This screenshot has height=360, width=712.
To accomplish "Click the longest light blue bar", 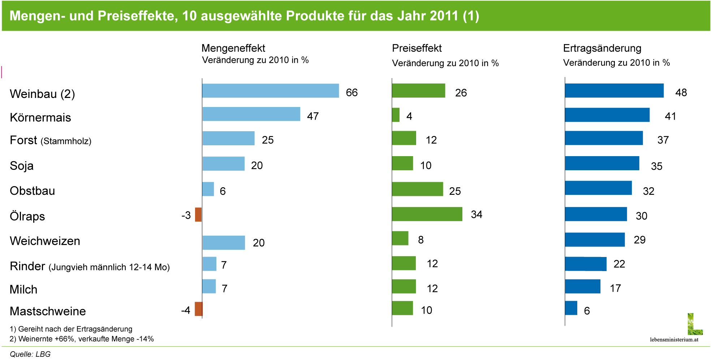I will [270, 91].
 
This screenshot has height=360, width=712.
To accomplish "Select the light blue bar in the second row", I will [251, 114].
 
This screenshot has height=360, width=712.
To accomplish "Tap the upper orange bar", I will [198, 215].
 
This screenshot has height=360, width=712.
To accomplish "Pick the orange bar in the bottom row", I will [199, 309].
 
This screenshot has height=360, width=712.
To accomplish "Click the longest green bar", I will [427, 214].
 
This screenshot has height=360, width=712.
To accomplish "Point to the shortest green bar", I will [396, 115].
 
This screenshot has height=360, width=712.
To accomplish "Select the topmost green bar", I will [419, 91].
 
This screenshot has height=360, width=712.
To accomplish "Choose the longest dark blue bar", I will [614, 91].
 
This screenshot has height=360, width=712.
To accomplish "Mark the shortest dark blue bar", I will [571, 308].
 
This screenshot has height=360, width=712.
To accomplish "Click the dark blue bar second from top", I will [607, 115].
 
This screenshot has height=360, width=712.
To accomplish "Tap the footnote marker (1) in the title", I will [471, 16].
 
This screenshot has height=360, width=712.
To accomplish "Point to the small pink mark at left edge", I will [2, 72].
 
